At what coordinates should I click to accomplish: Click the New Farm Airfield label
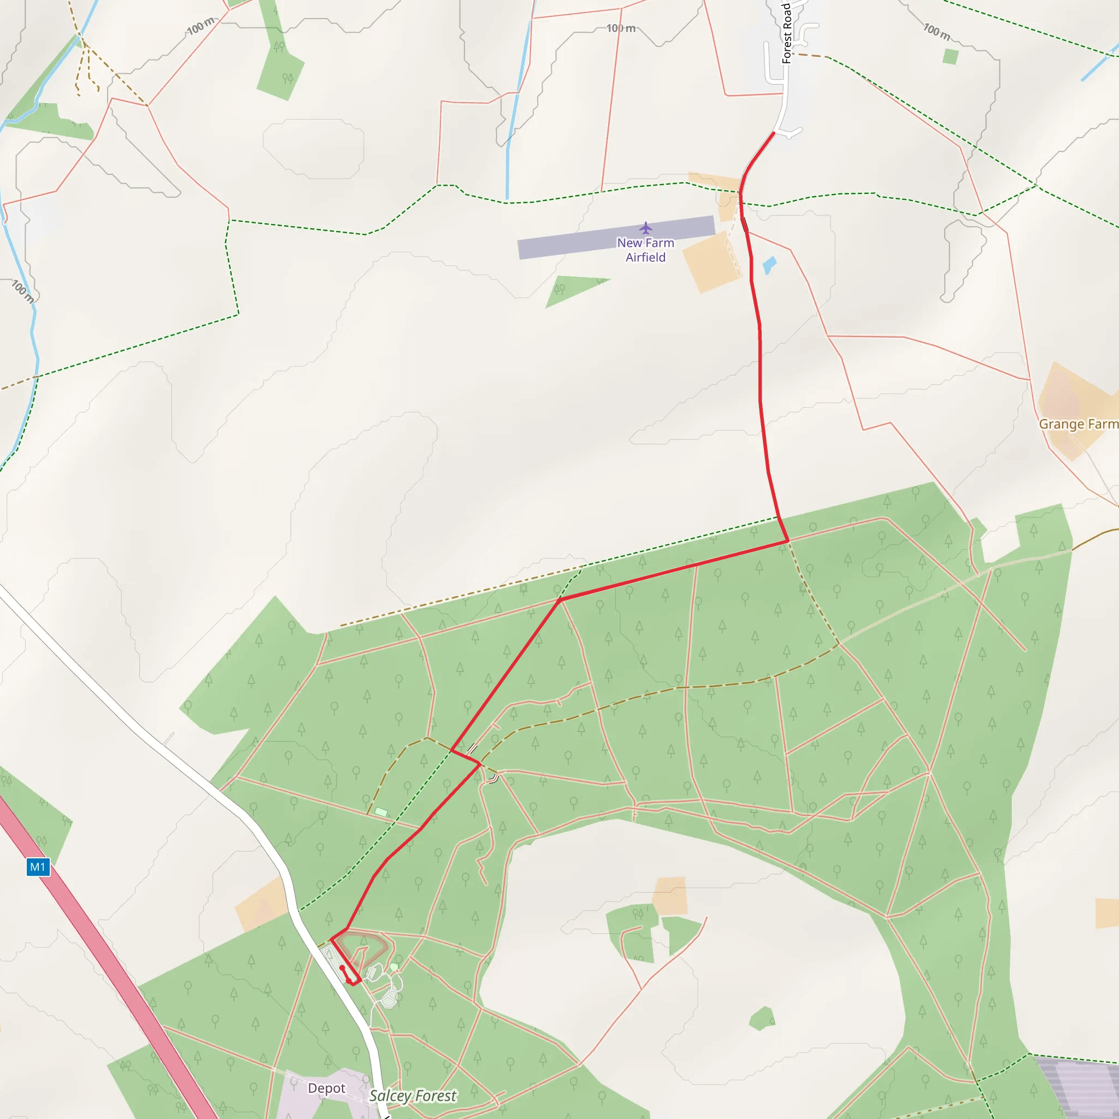(x=645, y=250)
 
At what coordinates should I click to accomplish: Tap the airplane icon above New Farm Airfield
(x=646, y=227)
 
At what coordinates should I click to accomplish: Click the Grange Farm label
(x=1078, y=424)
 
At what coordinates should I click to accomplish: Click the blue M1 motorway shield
(x=38, y=867)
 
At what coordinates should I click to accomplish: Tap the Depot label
(x=326, y=1088)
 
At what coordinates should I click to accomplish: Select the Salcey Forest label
(x=413, y=1096)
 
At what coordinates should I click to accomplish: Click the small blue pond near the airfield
(x=769, y=265)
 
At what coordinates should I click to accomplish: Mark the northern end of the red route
(x=773, y=134)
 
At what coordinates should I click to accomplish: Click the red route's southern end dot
(x=342, y=968)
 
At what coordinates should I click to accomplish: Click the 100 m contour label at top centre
(x=621, y=28)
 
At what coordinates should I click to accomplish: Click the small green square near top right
(x=951, y=57)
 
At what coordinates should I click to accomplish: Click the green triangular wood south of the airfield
(x=570, y=290)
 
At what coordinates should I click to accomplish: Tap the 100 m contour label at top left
(x=201, y=26)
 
